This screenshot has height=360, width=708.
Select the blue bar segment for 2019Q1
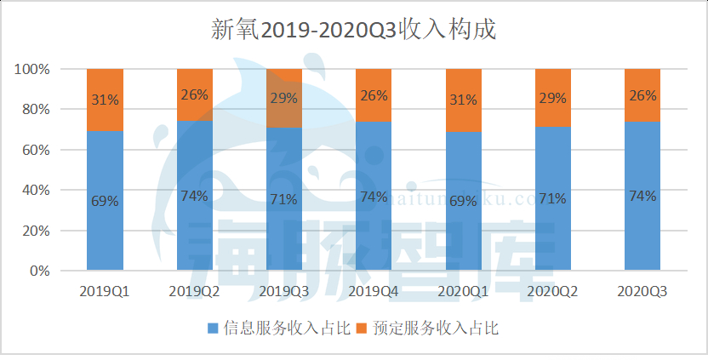pyautogui.click(x=105, y=230)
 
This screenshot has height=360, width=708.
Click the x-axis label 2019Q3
pyautogui.click(x=284, y=291)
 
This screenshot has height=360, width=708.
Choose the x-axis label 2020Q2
pyautogui.click(x=553, y=291)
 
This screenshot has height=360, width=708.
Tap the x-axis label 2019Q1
pyautogui.click(x=105, y=291)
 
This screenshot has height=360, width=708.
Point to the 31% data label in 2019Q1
pyautogui.click(x=105, y=100)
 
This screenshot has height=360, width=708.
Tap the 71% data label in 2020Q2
pyautogui.click(x=553, y=199)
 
